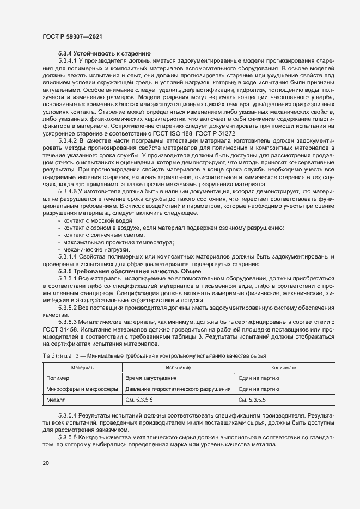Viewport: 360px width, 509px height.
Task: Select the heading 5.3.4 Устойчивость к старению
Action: point(104,53)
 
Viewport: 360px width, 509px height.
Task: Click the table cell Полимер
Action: point(58,378)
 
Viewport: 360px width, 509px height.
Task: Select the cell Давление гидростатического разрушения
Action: point(178,389)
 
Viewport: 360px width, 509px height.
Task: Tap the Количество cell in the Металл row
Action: point(253,401)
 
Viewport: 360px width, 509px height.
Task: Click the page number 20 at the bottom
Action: point(45,463)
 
